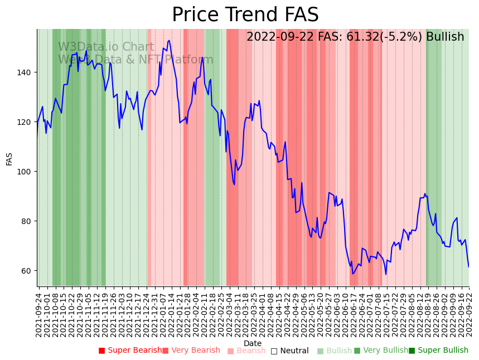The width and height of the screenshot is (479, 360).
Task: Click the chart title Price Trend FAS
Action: click(x=245, y=15)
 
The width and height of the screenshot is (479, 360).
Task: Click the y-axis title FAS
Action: click(x=9, y=158)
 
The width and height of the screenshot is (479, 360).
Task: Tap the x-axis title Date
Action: click(x=253, y=344)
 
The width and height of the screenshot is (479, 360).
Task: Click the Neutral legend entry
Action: click(x=289, y=351)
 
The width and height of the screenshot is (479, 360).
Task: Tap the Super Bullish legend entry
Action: click(x=439, y=351)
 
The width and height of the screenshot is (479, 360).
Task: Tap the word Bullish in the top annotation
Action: click(x=445, y=37)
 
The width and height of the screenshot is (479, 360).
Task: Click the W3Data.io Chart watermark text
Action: click(x=106, y=47)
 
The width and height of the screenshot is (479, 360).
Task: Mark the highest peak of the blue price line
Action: click(x=168, y=40)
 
